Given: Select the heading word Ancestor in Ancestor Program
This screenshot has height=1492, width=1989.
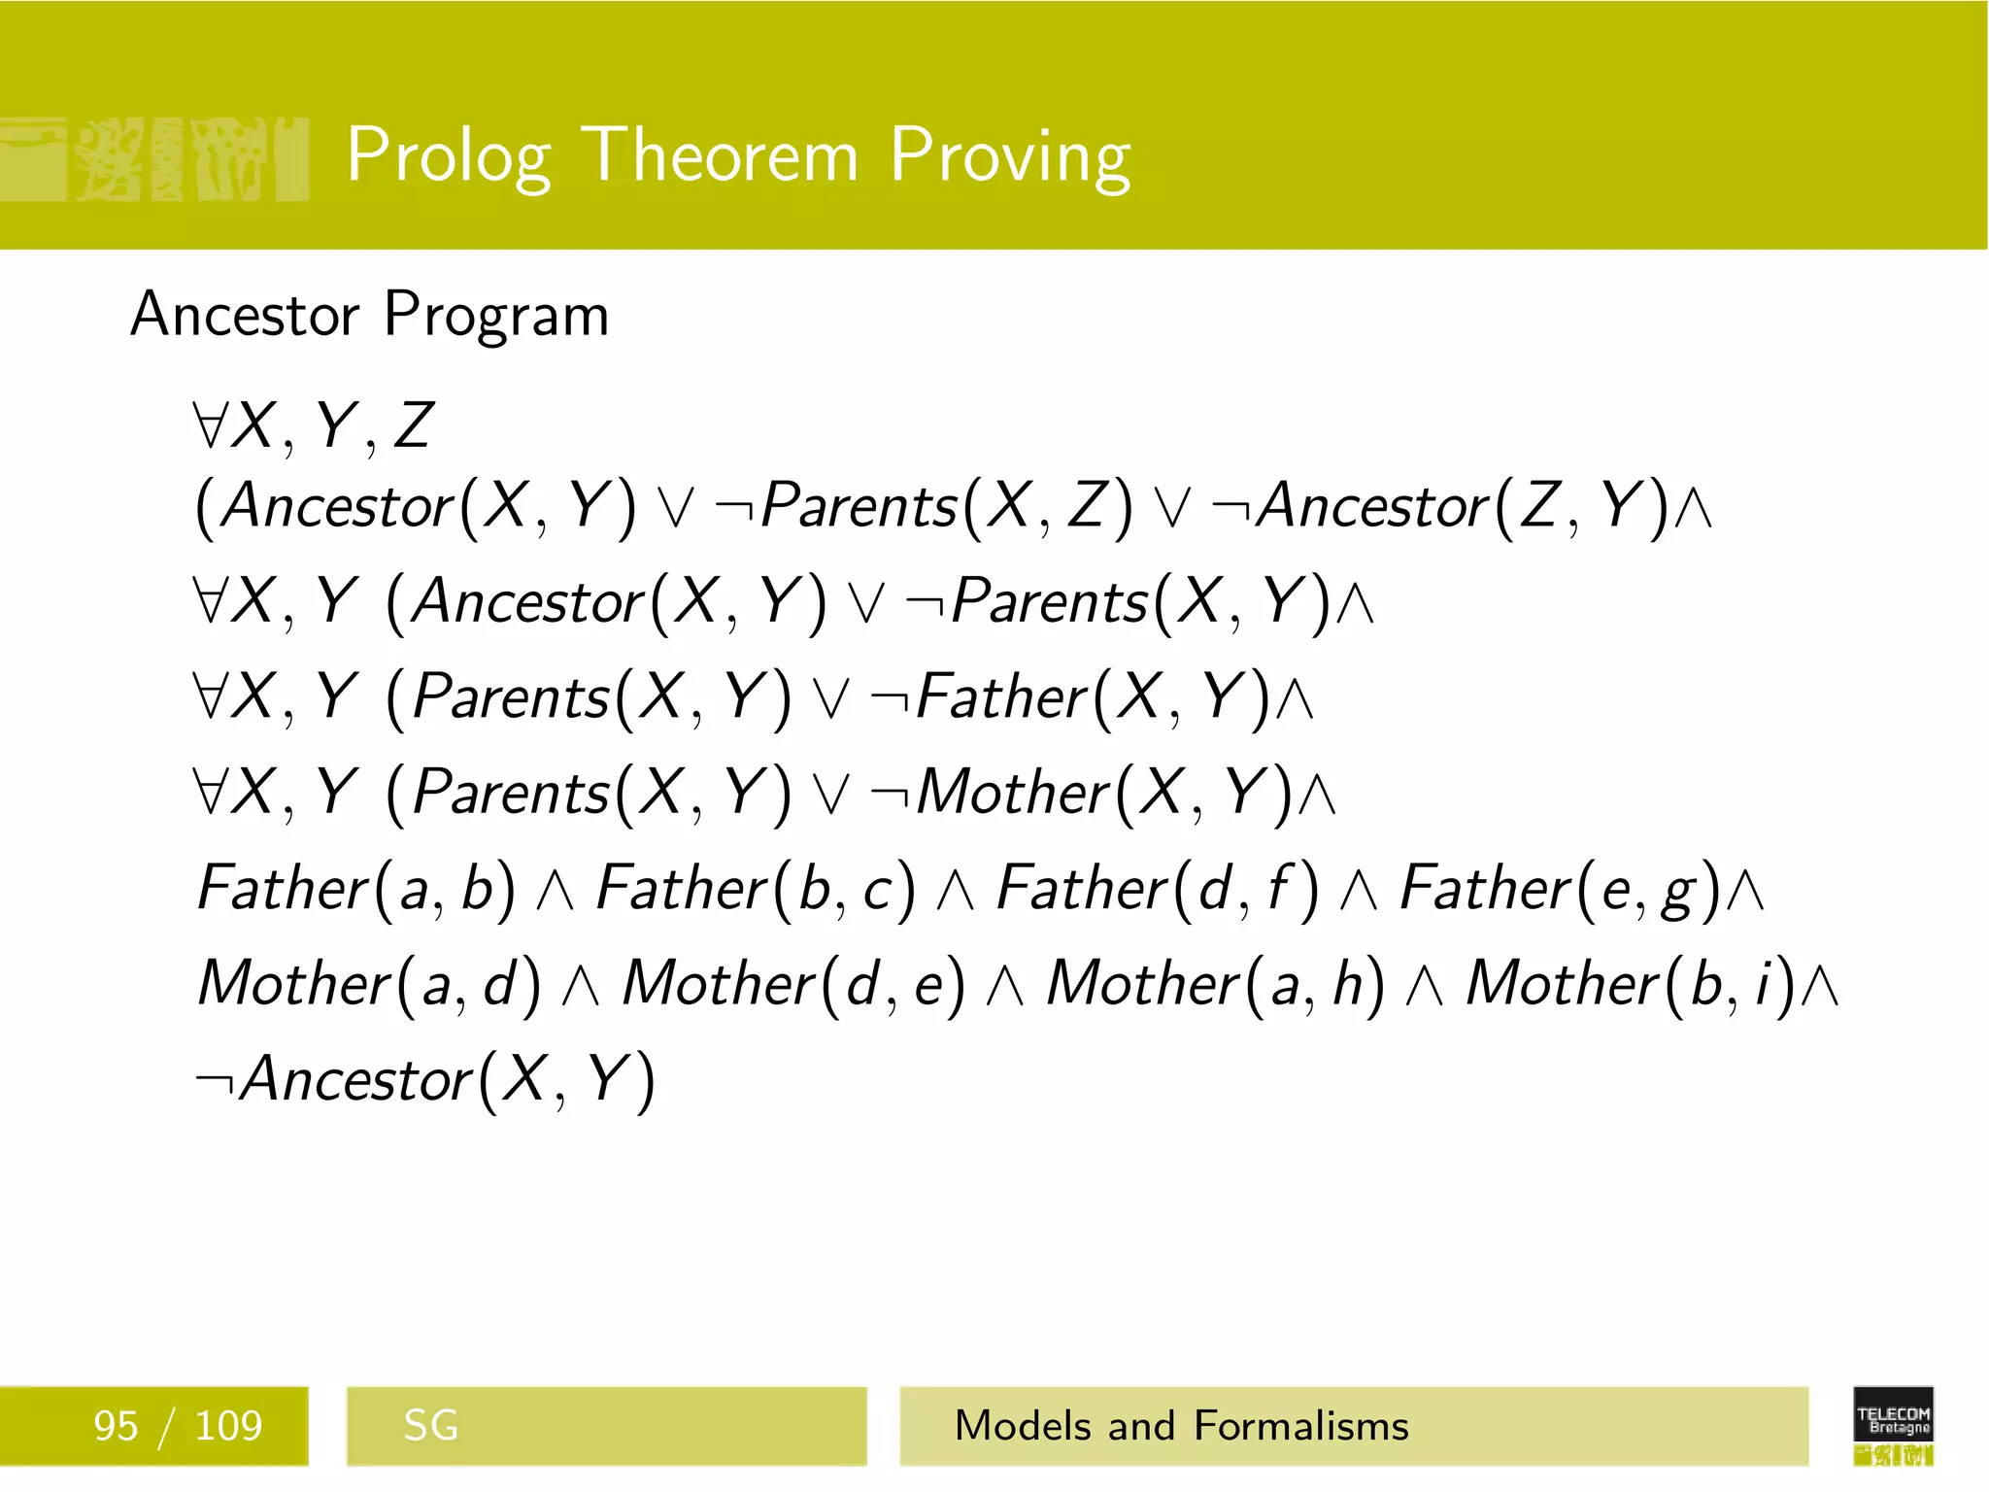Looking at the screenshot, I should [245, 315].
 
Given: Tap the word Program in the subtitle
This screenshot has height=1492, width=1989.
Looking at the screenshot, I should [496, 317].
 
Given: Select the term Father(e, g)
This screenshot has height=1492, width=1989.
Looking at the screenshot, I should [1560, 889].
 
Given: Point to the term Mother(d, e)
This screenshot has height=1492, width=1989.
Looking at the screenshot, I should [793, 984].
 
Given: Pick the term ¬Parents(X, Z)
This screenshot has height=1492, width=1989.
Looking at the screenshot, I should [923, 506].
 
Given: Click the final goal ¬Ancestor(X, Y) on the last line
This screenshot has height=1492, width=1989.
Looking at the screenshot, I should [425, 1079].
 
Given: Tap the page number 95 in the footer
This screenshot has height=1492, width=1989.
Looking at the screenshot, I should [116, 1426].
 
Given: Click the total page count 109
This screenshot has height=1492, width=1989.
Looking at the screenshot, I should [228, 1426].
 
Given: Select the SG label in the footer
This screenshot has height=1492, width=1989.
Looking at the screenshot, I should [430, 1426].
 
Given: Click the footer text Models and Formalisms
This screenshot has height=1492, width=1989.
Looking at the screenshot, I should [1181, 1426].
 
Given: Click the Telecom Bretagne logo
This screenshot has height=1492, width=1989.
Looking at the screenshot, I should [1893, 1425].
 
